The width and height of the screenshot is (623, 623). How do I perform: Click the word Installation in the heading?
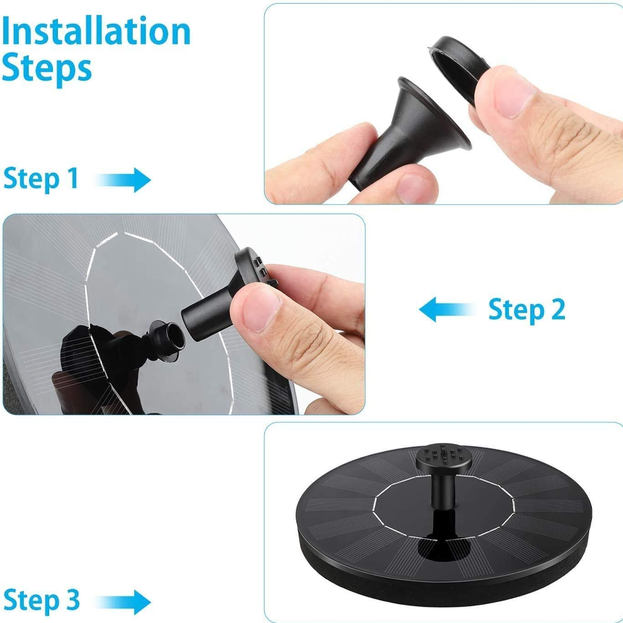(x=96, y=31)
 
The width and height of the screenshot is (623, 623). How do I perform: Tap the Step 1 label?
(x=40, y=179)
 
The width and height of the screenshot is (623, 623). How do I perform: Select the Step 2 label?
(x=527, y=310)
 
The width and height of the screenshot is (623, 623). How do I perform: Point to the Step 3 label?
(x=41, y=601)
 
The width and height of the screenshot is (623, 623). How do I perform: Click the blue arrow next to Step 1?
(x=123, y=180)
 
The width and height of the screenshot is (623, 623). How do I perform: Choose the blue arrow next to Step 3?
(x=123, y=602)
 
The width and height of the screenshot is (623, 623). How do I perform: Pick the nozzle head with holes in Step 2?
(x=254, y=266)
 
